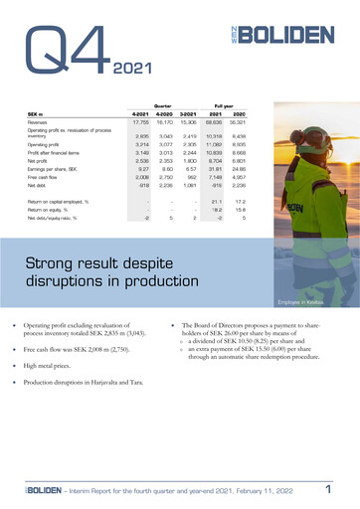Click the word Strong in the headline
click(60, 262)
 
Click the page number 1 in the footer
click(327, 489)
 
